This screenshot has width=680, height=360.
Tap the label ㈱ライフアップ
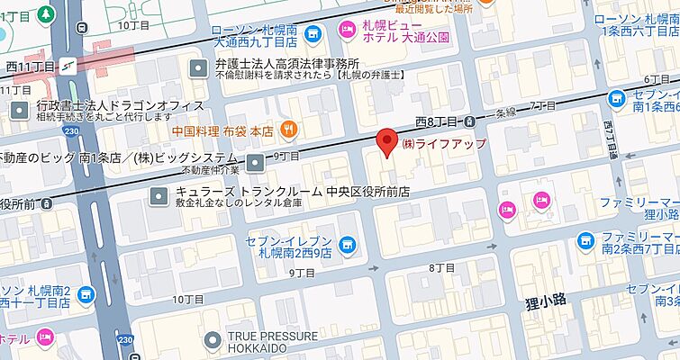(444, 144)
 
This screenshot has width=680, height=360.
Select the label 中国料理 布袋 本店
(224, 129)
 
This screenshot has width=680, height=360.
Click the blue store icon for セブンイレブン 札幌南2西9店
(348, 245)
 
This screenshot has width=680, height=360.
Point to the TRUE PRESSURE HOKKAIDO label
(272, 342)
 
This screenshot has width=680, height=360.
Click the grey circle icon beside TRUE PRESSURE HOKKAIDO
(213, 341)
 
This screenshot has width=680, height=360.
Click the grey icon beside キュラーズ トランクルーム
(159, 193)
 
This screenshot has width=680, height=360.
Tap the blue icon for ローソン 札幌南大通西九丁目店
(313, 33)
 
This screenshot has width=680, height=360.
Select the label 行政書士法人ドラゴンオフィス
(121, 104)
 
